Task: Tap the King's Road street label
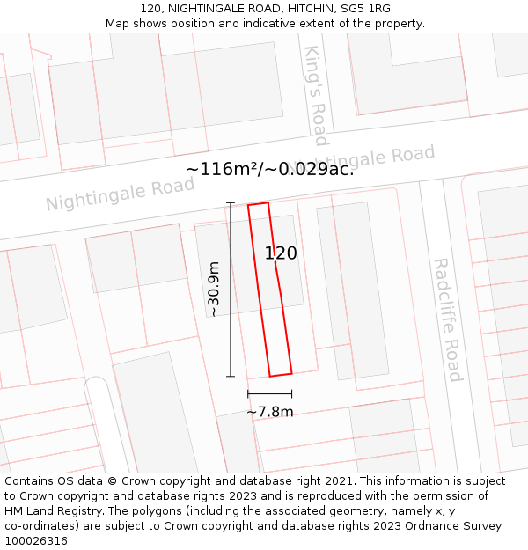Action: [x=315, y=95]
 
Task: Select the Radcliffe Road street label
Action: [x=448, y=319]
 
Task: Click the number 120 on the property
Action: [x=281, y=253]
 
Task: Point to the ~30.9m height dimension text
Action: [x=213, y=289]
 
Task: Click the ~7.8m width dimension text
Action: [x=270, y=411]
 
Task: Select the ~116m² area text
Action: [x=224, y=170]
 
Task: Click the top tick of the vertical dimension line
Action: [x=231, y=203]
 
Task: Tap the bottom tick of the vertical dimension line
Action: [x=231, y=377]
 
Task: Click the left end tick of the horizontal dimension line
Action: [x=248, y=393]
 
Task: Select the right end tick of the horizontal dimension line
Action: [x=291, y=393]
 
